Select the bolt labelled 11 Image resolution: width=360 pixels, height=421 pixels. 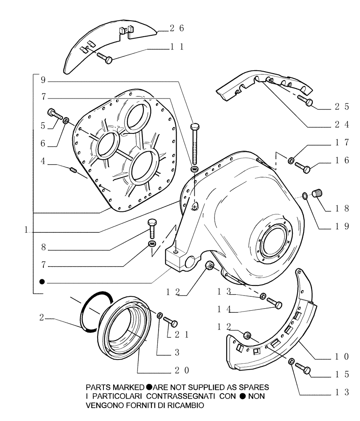[104, 58]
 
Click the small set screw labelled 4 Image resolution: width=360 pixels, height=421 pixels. [73, 171]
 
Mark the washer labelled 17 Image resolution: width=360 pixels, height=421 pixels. [291, 160]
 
